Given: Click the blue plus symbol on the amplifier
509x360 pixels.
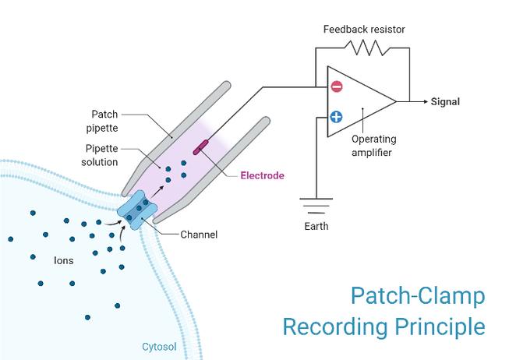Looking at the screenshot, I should [x=336, y=118].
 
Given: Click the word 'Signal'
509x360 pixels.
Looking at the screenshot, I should [x=445, y=101].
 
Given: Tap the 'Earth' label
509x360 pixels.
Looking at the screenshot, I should [x=315, y=227].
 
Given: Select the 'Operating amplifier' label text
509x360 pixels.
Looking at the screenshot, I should [x=374, y=146].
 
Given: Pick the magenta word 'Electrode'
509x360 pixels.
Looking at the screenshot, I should [x=260, y=176].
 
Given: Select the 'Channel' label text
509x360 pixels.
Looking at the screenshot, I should [x=199, y=234].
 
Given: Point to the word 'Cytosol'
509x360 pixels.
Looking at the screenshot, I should [x=159, y=346].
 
